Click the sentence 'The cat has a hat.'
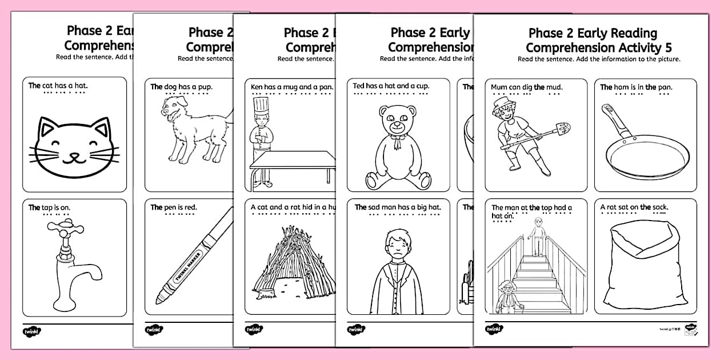point(58,86)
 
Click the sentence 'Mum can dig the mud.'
point(526,87)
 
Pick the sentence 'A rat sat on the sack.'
point(634,207)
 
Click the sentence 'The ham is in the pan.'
point(636,87)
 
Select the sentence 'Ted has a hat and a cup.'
point(390,86)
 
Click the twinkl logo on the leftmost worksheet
point(33,331)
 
